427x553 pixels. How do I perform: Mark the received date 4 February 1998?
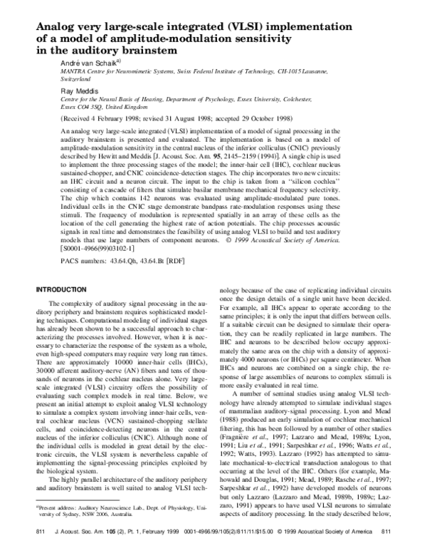point(109,120)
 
